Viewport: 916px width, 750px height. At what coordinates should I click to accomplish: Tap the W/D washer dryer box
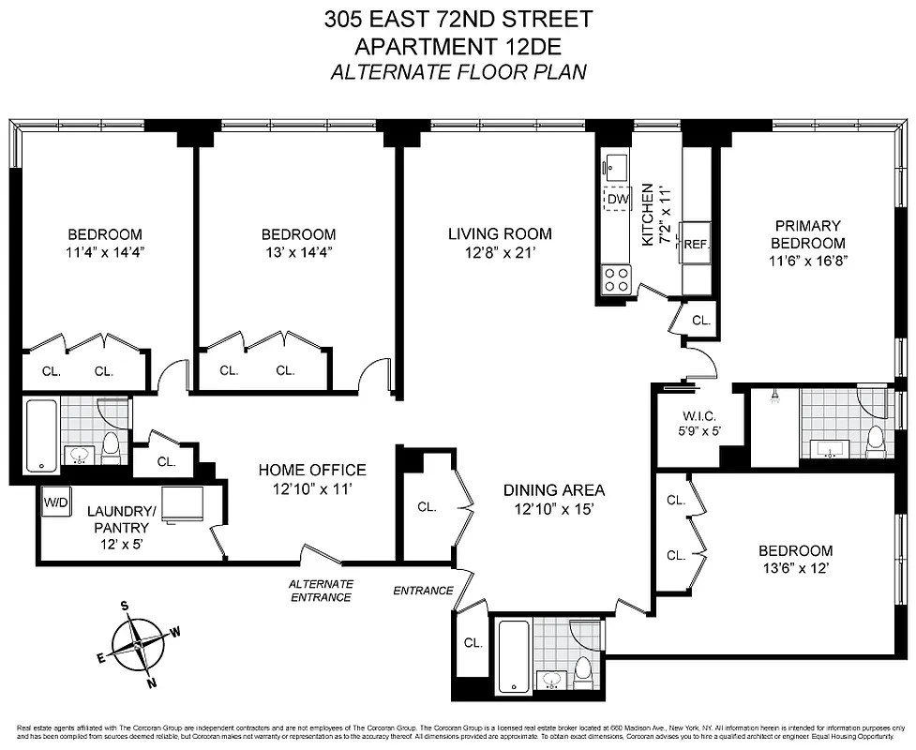point(54,501)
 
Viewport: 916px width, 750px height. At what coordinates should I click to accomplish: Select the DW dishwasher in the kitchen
point(617,199)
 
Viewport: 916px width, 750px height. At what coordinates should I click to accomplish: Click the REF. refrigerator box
point(696,243)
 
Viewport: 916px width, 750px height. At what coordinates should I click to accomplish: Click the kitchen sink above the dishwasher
point(616,168)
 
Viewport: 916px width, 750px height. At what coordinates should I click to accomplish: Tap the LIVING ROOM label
point(486,233)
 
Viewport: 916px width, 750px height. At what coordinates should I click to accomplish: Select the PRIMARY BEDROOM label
point(806,234)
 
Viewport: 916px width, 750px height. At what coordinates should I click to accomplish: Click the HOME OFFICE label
point(312,470)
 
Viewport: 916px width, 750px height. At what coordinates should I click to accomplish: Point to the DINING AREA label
point(553,489)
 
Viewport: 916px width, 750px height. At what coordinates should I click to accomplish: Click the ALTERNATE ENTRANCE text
point(321,590)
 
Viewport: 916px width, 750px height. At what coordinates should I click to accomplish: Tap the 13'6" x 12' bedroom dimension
point(795,568)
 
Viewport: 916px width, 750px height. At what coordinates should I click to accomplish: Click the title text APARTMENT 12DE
point(458,46)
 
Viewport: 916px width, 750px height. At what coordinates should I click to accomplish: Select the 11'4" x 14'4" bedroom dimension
point(104,251)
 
